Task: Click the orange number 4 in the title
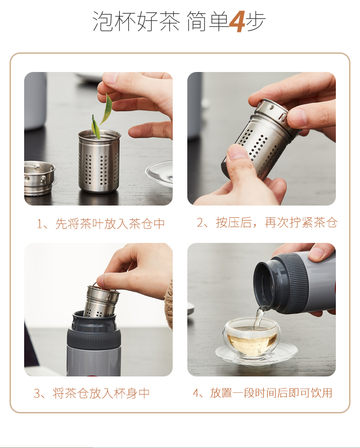coord(237,21)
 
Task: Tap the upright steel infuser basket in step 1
coord(99,161)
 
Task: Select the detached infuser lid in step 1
coord(39,178)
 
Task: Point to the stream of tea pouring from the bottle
coord(258,317)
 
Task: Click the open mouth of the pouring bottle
coord(265,285)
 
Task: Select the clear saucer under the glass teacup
coord(256,354)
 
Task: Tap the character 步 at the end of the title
coord(256,21)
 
